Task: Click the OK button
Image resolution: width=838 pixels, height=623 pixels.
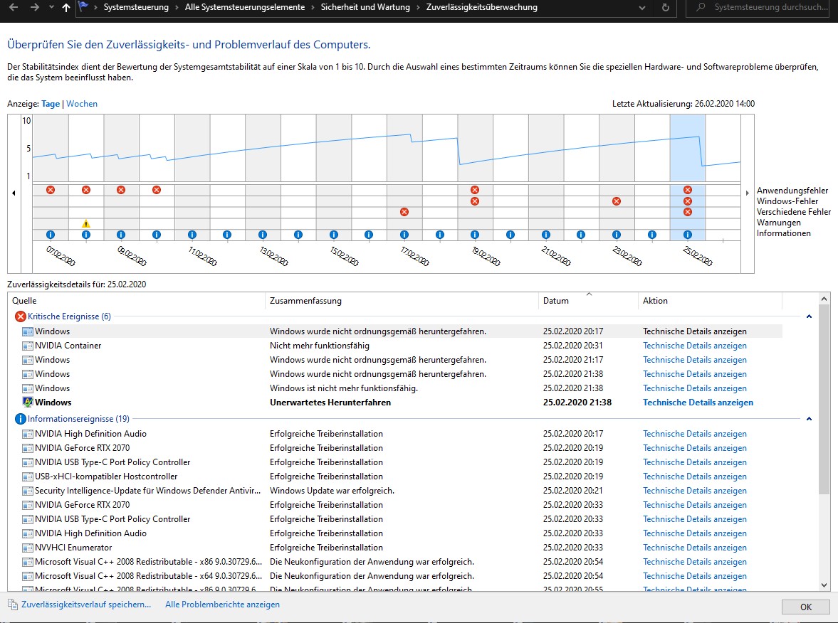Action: [805, 607]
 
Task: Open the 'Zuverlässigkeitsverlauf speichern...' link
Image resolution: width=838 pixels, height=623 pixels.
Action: [86, 605]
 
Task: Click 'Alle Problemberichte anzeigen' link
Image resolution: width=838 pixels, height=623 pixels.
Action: [222, 605]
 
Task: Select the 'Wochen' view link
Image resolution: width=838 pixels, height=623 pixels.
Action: [82, 104]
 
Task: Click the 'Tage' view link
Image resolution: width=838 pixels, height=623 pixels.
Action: [51, 104]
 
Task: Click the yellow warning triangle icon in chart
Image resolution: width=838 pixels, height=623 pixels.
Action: [86, 224]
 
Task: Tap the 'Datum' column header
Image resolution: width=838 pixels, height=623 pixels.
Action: [556, 301]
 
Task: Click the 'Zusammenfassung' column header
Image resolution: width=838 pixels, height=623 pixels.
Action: [305, 301]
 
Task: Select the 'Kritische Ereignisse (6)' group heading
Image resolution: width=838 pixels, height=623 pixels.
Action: [70, 316]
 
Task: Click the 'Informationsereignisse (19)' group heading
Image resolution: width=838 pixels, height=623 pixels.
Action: [78, 419]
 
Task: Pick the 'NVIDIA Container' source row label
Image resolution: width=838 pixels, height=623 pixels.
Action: [68, 346]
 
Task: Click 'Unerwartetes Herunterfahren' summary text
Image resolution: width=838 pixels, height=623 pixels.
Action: [330, 403]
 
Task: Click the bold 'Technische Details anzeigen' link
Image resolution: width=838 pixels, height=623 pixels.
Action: [698, 403]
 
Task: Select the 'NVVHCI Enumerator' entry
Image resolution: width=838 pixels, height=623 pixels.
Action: [73, 547]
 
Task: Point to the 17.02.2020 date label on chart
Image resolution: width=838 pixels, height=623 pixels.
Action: [414, 256]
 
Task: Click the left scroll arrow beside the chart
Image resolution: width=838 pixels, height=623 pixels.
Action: [14, 193]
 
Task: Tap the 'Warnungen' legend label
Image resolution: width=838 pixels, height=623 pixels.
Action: [779, 223]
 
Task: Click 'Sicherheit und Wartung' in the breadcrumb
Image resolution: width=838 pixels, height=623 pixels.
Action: [365, 8]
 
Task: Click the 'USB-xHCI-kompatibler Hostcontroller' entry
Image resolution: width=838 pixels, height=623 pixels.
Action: [106, 476]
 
